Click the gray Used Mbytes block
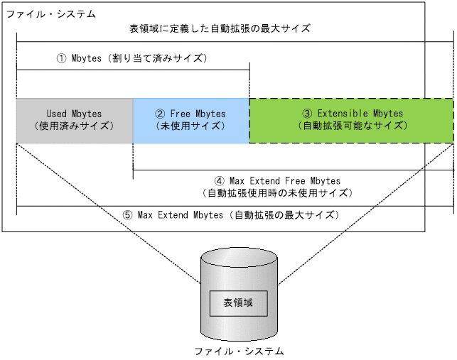(x=74, y=120)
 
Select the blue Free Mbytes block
(x=190, y=120)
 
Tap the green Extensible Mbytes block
(x=351, y=120)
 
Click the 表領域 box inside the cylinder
(x=238, y=303)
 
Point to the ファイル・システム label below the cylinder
(x=239, y=351)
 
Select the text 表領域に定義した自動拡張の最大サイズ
(x=220, y=28)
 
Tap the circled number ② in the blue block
(x=160, y=114)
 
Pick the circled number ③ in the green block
(x=307, y=114)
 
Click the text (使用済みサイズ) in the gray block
(x=74, y=126)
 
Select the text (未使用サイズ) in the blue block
(x=190, y=126)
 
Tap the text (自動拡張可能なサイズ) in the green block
(x=353, y=126)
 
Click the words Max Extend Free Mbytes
(x=285, y=181)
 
